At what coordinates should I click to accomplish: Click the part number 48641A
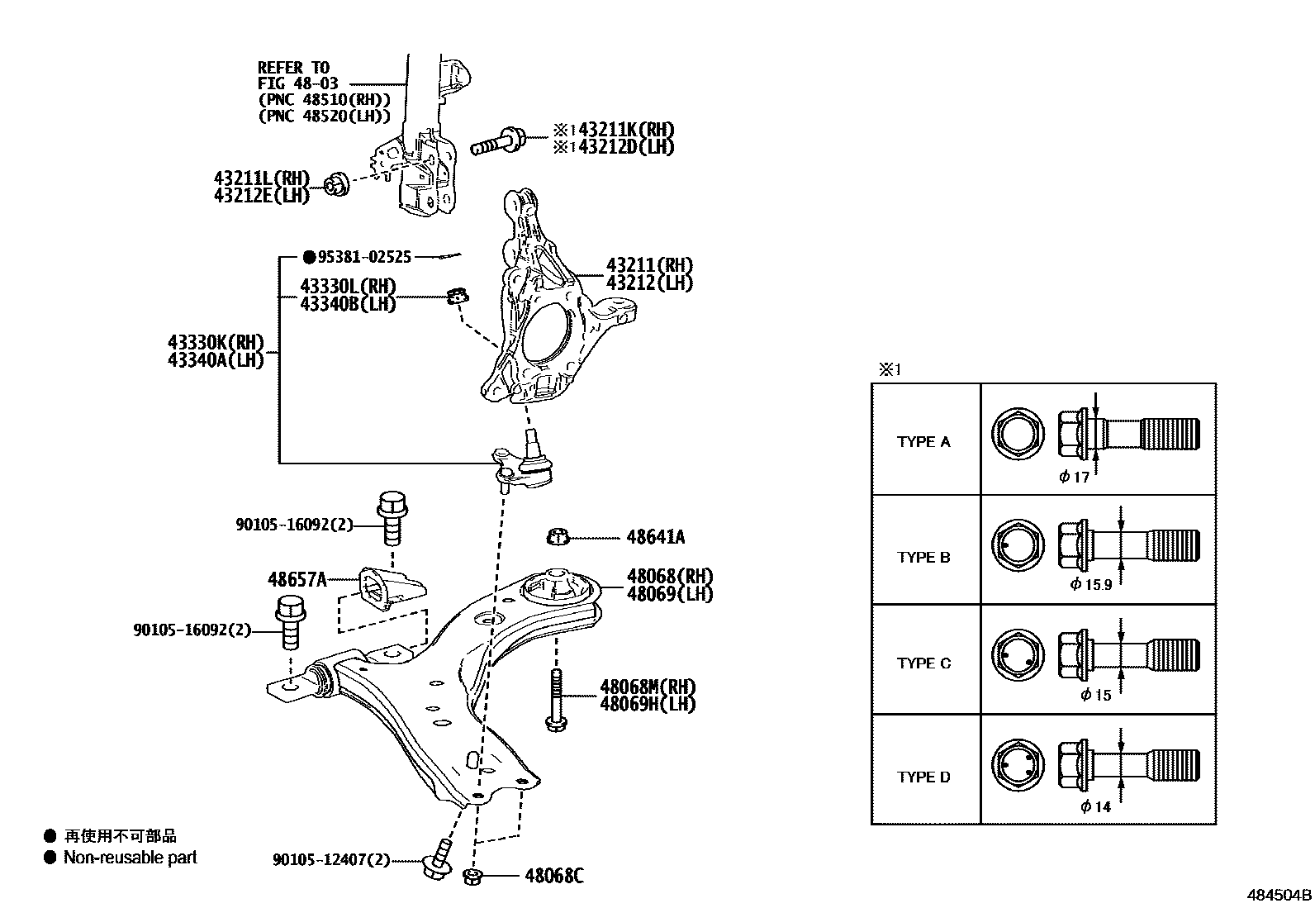(x=655, y=537)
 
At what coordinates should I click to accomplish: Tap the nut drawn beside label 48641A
(x=558, y=537)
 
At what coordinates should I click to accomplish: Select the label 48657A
(x=297, y=579)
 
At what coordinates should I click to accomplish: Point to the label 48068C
(x=553, y=876)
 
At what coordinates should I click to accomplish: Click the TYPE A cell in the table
(x=923, y=442)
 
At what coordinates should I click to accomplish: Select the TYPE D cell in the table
(x=923, y=777)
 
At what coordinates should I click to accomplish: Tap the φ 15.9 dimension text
(x=1090, y=584)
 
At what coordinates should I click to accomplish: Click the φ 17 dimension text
(x=1074, y=477)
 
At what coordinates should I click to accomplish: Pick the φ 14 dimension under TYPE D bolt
(x=1095, y=806)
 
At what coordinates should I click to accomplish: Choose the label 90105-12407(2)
(x=330, y=860)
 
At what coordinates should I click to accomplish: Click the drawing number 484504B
(x=1279, y=895)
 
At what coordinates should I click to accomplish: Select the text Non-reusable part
(x=131, y=858)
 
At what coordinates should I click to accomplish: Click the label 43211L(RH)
(x=261, y=178)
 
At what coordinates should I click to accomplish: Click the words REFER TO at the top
(x=293, y=67)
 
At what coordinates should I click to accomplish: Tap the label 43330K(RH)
(x=216, y=343)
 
